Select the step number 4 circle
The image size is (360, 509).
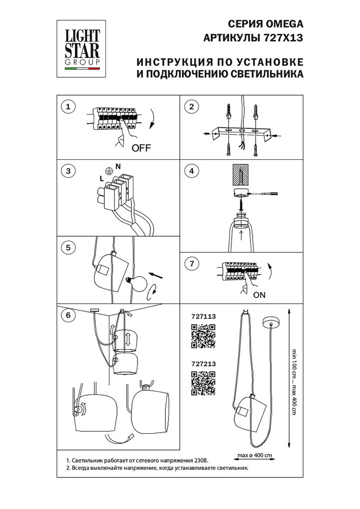click(191, 171)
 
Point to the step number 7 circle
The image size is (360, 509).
click(191, 264)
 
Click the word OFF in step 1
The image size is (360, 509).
click(141, 149)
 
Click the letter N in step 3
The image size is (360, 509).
click(118, 166)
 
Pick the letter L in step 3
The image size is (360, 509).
click(102, 179)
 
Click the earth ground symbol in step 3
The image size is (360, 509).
click(108, 171)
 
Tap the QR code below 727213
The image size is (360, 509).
click(203, 383)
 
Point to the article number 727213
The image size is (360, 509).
click(203, 364)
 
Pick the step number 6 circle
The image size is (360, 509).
click(67, 315)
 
